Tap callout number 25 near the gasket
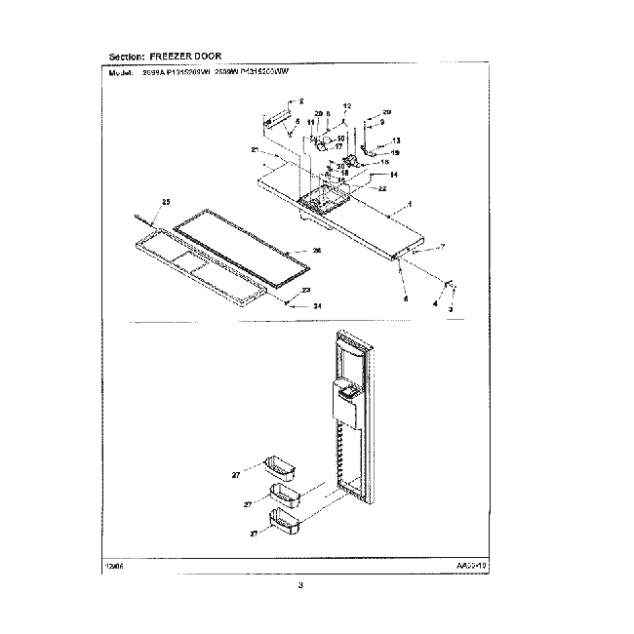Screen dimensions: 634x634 (x=165, y=201)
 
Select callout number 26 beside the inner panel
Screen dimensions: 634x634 (x=316, y=251)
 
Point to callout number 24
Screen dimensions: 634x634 (x=316, y=305)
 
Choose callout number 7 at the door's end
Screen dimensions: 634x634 (x=442, y=247)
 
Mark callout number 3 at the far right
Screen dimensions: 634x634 (x=450, y=309)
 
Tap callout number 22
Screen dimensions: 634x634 (x=383, y=187)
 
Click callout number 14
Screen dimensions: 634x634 (x=393, y=174)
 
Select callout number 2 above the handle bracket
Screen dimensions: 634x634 (x=301, y=101)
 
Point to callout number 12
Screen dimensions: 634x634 (x=347, y=104)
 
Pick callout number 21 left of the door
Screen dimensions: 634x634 (x=255, y=150)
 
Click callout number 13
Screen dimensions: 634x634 (x=396, y=140)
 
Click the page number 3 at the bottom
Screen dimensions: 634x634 (x=301, y=585)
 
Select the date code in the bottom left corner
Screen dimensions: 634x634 (x=113, y=565)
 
